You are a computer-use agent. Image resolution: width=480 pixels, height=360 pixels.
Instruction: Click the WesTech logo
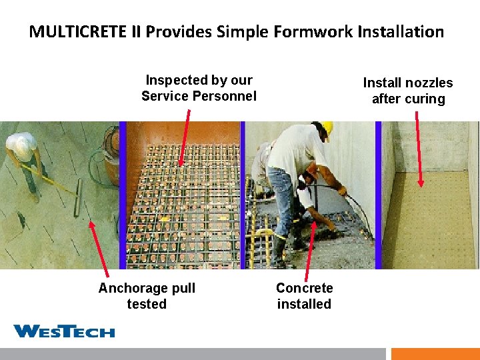coord(64,331)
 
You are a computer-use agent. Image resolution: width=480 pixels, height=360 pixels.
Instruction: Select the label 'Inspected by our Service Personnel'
coord(199,88)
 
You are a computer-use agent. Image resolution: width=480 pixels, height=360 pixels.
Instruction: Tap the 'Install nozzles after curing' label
coord(407,91)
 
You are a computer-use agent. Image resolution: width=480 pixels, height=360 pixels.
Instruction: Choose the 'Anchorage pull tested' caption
coord(147,296)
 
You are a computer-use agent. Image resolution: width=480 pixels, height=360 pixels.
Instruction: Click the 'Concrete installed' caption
coord(304,296)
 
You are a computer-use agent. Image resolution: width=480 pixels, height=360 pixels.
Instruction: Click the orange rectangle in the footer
coord(435,354)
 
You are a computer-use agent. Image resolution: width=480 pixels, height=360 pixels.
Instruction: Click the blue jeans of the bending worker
coord(281,193)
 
